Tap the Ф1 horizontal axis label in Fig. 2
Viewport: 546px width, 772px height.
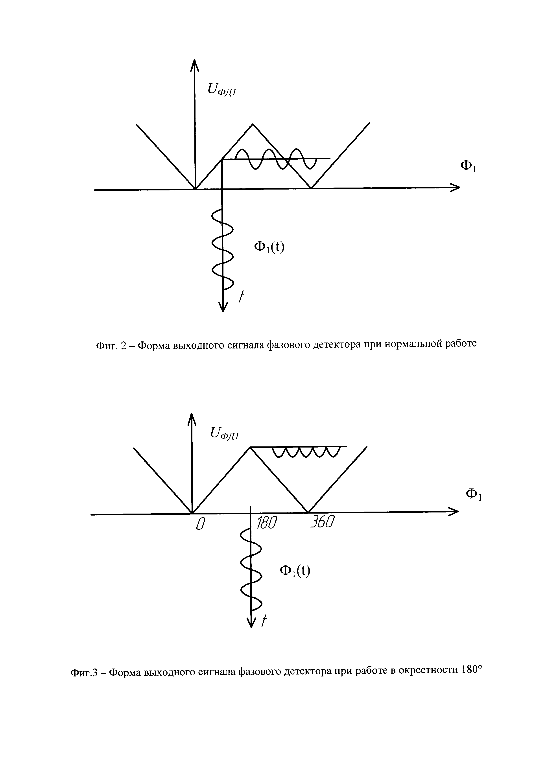pyautogui.click(x=468, y=166)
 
